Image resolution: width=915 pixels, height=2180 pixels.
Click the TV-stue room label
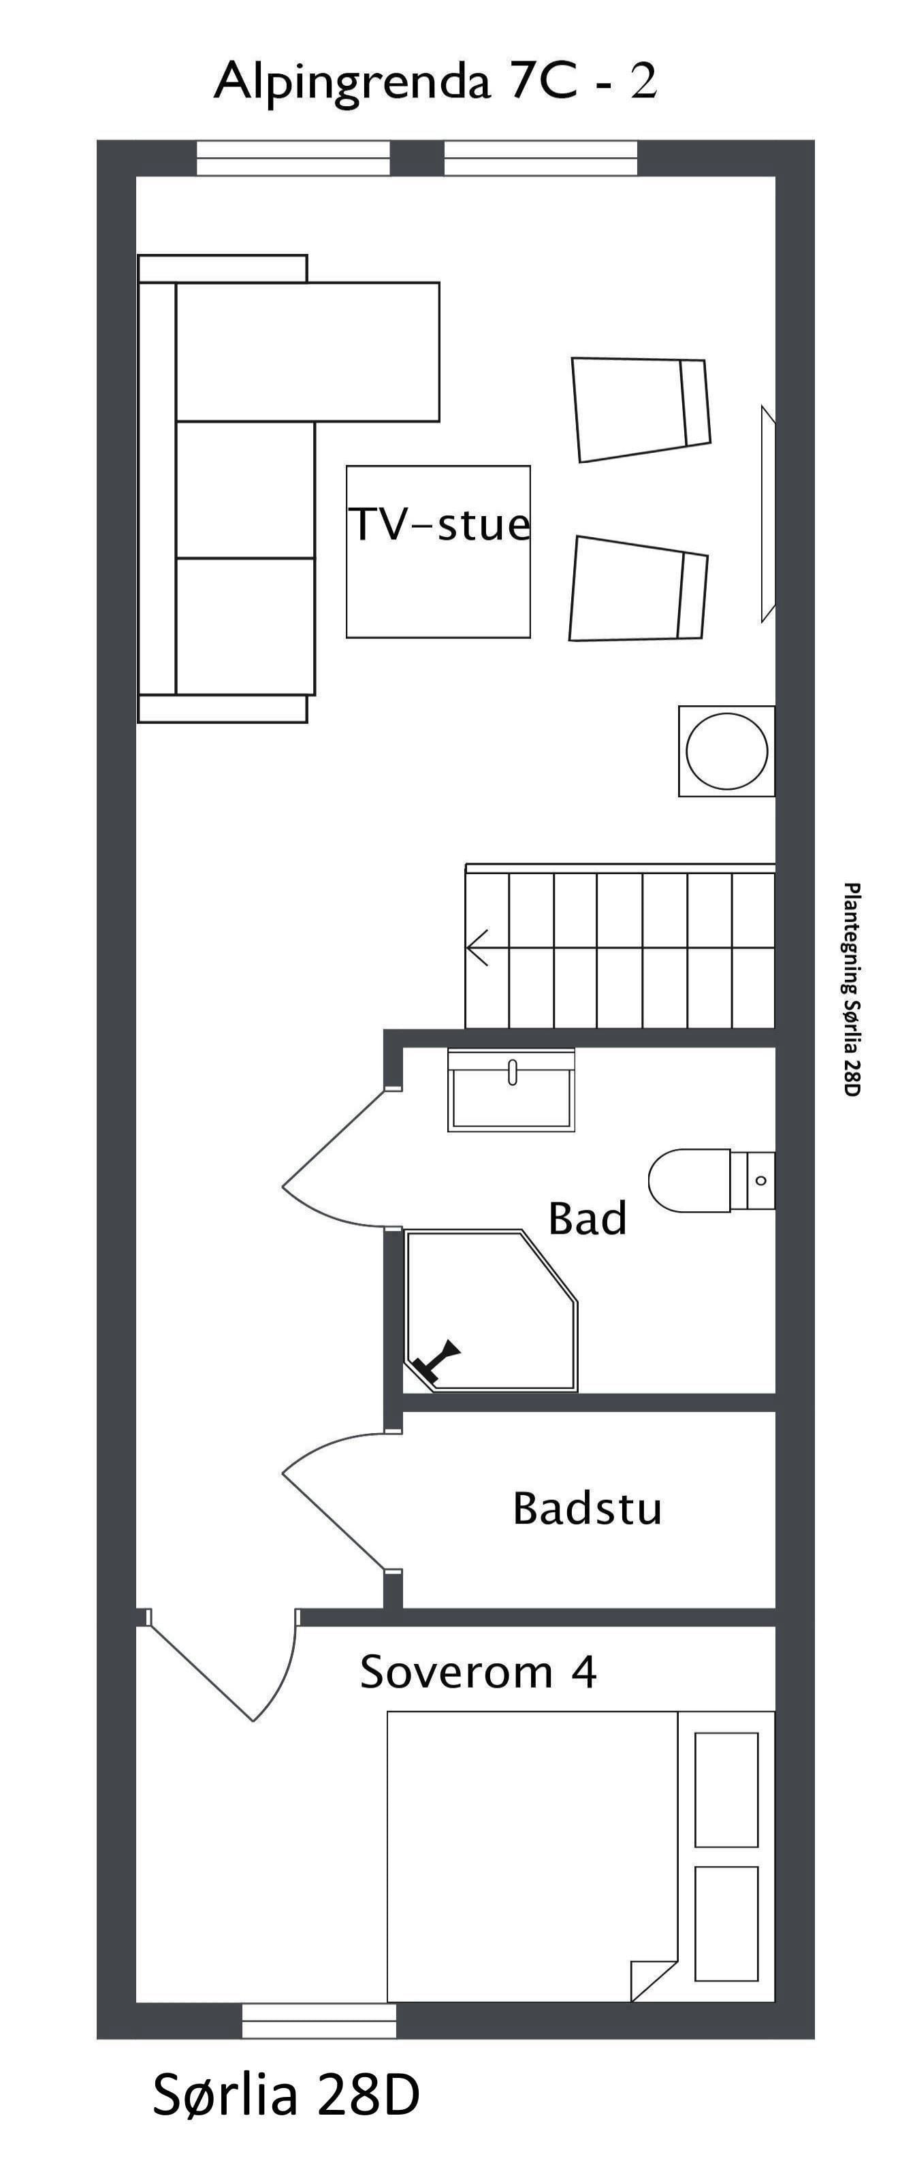click(x=439, y=525)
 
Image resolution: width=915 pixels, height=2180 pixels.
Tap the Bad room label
click(x=588, y=1219)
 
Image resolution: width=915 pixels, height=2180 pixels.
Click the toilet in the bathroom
click(x=711, y=1181)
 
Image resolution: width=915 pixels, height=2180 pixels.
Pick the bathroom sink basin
click(x=511, y=1091)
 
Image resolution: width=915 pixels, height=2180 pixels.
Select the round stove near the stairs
click(x=726, y=751)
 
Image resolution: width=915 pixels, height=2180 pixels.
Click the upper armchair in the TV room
click(x=641, y=410)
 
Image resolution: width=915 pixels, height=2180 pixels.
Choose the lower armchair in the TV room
click(x=638, y=589)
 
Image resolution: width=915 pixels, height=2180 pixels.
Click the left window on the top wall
click(x=293, y=158)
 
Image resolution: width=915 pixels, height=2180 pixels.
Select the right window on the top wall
click(x=541, y=158)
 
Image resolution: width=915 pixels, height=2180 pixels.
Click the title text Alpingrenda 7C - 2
click(x=435, y=82)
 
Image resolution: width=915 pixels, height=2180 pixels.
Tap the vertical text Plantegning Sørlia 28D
click(x=852, y=989)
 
